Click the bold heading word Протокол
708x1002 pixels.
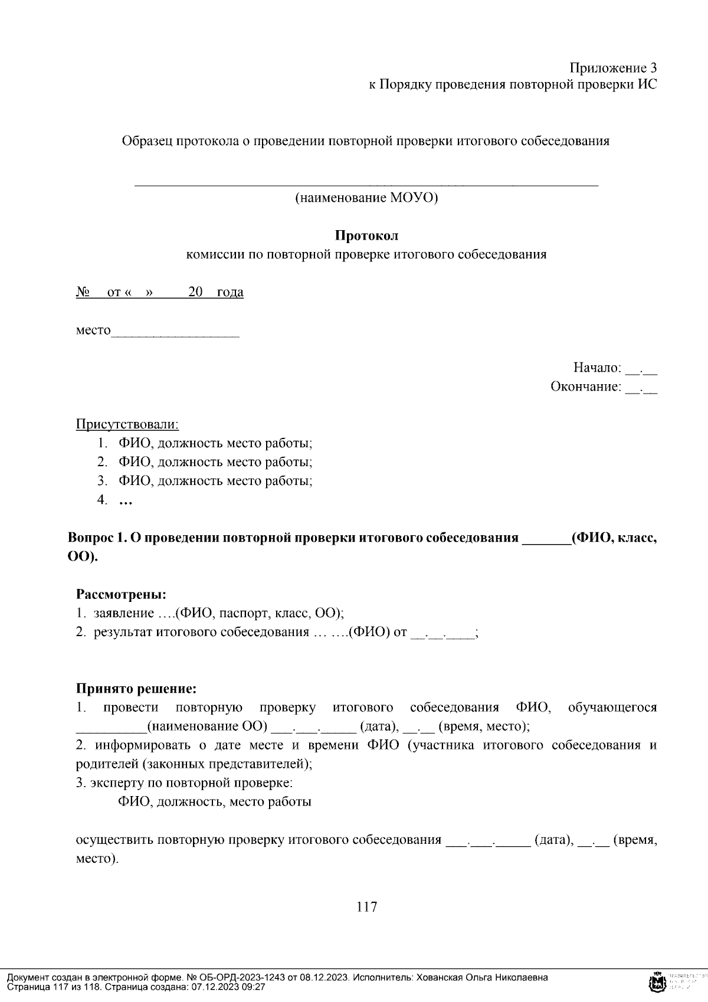[x=366, y=235]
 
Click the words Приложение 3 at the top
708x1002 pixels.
[x=613, y=67]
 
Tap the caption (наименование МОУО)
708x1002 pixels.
[x=366, y=198]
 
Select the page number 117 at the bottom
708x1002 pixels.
[x=366, y=906]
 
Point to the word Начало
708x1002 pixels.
[x=596, y=368]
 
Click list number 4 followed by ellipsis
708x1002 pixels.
[x=116, y=500]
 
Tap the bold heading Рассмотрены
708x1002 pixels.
[x=121, y=594]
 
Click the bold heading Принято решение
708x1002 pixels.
[x=136, y=688]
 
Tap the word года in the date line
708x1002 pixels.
[x=230, y=292]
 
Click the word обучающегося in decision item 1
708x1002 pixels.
[x=612, y=707]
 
